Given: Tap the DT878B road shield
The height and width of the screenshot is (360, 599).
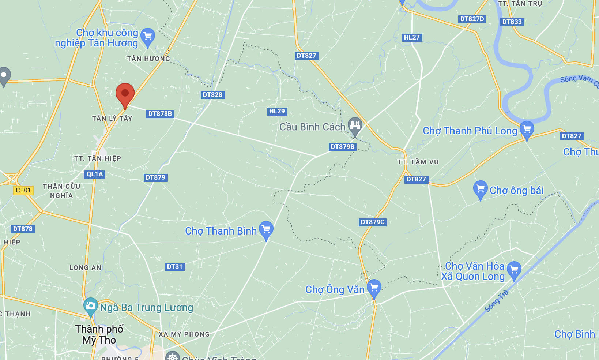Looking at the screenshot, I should click(160, 114).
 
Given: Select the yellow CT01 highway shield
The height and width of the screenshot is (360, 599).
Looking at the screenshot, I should click(23, 190).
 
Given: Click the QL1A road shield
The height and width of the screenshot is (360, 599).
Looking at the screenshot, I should click(95, 174).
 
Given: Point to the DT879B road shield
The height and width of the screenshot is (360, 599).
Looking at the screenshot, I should click(343, 147).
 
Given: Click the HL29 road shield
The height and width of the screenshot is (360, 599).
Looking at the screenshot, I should click(277, 111).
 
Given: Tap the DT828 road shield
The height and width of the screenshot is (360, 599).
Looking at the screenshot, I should click(212, 95).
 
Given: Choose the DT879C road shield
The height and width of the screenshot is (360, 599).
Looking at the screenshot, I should click(373, 222).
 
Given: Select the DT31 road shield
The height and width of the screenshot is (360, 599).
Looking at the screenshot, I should click(174, 267).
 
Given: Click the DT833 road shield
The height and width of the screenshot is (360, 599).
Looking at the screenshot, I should click(512, 22).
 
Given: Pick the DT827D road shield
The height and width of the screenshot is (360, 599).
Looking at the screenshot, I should click(472, 19).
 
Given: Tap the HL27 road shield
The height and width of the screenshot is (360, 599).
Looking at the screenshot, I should click(412, 37).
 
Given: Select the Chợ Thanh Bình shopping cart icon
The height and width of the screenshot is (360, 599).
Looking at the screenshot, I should click(266, 229).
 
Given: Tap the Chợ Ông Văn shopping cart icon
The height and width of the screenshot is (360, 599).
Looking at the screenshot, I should click(374, 287).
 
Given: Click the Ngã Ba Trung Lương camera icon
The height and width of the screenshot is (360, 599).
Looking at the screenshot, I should click(90, 305).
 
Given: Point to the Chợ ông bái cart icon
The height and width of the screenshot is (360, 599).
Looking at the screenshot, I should click(480, 189).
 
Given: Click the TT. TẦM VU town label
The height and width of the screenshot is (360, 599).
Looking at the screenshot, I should click(418, 162).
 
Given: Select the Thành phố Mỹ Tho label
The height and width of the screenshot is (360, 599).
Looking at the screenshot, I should click(99, 334).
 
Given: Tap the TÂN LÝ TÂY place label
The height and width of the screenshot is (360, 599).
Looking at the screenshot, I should click(112, 118).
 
